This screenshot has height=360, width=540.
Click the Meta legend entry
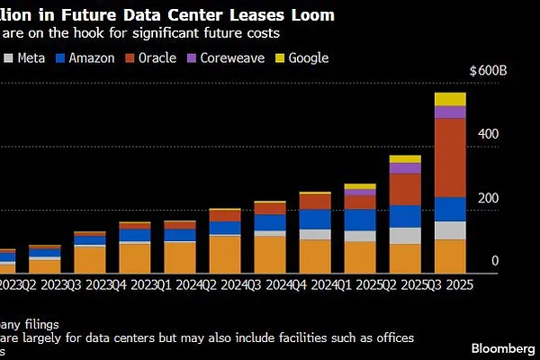(24, 58)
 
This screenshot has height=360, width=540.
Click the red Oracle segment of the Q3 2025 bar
(450, 157)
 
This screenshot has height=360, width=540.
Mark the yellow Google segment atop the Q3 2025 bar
(450, 99)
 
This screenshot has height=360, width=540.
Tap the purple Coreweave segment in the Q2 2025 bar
(404, 168)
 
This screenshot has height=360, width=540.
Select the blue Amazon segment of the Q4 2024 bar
(315, 220)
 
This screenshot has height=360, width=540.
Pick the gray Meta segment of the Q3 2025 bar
(450, 230)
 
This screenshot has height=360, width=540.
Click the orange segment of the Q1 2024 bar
(179, 256)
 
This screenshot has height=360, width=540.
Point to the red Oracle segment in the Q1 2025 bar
(360, 202)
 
